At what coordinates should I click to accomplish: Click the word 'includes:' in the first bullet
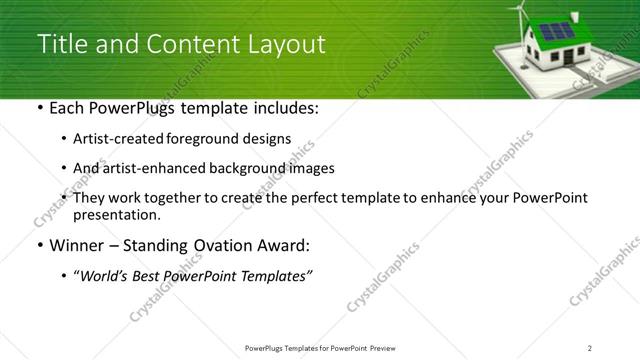[284, 108]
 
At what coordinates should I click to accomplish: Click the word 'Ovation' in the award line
[215, 246]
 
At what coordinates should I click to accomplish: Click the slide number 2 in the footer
[589, 347]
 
